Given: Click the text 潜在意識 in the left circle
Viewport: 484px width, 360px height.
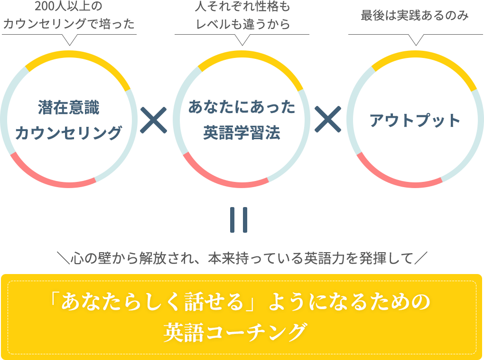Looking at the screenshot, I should [69, 108].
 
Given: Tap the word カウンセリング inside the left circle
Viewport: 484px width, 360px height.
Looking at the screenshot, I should [69, 133].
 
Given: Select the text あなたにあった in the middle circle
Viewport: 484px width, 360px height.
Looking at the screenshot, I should [242, 108].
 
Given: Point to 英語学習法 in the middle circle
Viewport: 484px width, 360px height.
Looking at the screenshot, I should [242, 133].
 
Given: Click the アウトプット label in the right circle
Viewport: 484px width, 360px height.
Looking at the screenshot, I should [415, 121].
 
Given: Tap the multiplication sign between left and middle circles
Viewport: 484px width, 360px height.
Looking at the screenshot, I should [154, 120].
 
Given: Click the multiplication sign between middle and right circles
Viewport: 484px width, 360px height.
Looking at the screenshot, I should [328, 119].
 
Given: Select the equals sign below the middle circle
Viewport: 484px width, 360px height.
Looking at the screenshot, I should [239, 220].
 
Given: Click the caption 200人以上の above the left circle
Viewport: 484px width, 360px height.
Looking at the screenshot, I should [69, 8].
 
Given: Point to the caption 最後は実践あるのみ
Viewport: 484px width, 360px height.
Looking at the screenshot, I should [415, 16].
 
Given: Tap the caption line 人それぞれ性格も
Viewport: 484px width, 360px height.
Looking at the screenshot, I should [242, 8].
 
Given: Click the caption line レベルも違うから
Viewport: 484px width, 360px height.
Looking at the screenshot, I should [242, 25].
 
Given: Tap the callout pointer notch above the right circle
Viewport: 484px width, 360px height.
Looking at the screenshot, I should [416, 41].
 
